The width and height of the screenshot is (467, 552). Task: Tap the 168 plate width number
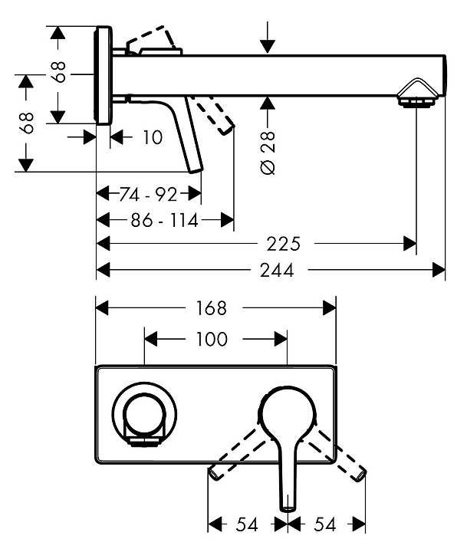211,307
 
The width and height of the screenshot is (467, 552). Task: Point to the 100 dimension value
212,338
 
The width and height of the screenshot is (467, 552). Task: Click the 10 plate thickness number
153,137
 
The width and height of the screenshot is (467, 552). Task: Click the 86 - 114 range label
163,221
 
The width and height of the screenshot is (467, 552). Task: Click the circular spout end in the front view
145,412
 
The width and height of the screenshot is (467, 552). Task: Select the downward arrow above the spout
268,43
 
